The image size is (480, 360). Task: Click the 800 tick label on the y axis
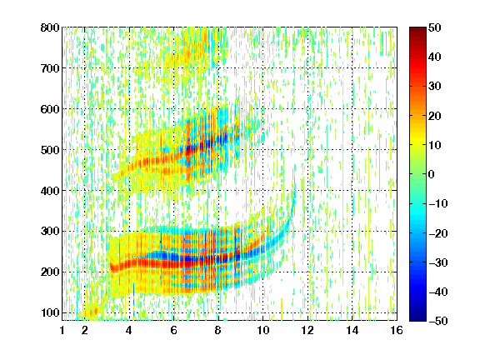(x=50, y=27)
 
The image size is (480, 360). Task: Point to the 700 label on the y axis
(x=50, y=68)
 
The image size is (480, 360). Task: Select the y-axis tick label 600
(x=50, y=109)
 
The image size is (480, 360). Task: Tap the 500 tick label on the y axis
(x=50, y=150)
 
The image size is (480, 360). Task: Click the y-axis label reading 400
(x=50, y=191)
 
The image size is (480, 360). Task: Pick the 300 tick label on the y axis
(x=50, y=232)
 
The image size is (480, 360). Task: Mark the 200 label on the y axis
(x=50, y=272)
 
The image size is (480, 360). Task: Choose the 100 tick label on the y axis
(x=50, y=312)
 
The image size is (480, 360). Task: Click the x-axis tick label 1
(x=62, y=330)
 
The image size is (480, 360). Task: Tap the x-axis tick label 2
(x=84, y=330)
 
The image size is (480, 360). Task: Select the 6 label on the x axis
(x=173, y=330)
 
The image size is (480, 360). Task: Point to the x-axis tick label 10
(x=262, y=330)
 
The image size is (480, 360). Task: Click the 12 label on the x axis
(x=307, y=330)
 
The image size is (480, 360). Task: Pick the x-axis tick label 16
(x=397, y=330)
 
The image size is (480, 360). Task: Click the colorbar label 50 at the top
(x=435, y=27)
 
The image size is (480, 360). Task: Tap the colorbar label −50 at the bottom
(x=438, y=321)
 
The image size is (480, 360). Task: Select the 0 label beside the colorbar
(x=432, y=174)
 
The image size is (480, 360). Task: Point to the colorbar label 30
(x=435, y=87)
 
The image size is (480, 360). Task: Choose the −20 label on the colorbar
(x=438, y=233)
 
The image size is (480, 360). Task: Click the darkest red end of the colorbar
(x=417, y=29)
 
